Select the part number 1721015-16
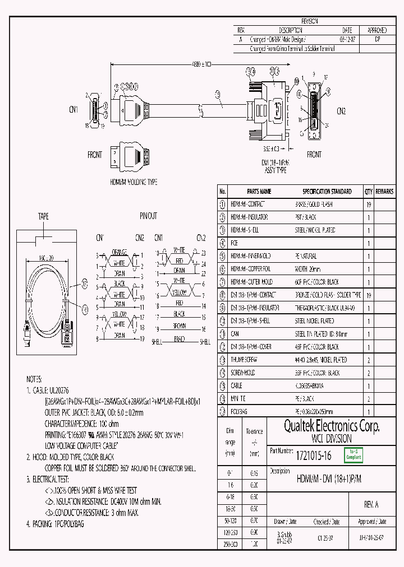tap(313, 456)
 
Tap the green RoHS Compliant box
tap(353, 455)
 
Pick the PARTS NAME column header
tap(259, 192)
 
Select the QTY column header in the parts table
tap(368, 192)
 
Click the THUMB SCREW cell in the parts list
tap(246, 360)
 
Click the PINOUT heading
tap(148, 216)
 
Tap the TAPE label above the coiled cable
tap(43, 216)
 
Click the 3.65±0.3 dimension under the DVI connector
tap(271, 150)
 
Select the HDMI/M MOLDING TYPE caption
tap(134, 182)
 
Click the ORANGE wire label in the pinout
tap(120, 251)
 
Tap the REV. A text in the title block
tap(371, 504)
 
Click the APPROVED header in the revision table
tap(377, 30)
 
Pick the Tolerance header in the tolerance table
tap(254, 431)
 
